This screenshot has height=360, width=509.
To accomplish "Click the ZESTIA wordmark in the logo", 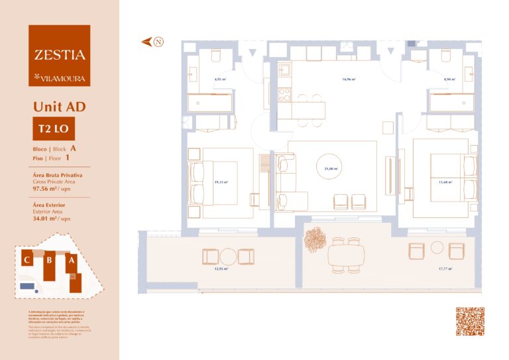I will pos(60,55).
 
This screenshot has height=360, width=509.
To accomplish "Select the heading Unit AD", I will pos(59,106).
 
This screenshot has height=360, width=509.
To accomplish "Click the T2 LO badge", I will pos(51,128).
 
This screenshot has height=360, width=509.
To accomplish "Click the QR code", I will pos(470,322).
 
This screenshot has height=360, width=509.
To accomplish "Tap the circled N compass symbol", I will pos(158,42).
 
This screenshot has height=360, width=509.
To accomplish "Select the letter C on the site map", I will pos(27,260).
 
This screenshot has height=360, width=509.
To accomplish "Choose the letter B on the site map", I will pos(48,260).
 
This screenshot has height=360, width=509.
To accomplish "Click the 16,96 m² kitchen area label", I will pos(349,80).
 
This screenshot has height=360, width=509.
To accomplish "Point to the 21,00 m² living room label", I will pos(331,169).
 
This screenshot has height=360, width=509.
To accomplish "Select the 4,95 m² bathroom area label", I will pos(220,80).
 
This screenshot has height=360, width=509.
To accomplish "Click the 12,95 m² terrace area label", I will pos(221,269).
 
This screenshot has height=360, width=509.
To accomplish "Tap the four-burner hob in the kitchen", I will pos(284,93).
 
